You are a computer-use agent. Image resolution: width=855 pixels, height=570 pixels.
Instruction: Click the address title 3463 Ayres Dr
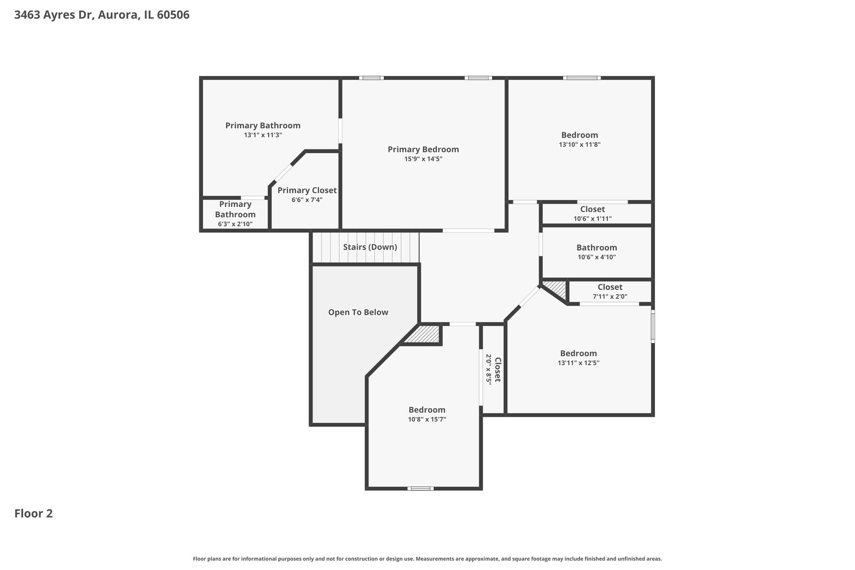click(x=101, y=15)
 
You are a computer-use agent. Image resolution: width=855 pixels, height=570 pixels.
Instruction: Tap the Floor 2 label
click(x=33, y=514)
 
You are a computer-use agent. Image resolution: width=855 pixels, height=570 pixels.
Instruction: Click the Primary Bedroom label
click(x=423, y=149)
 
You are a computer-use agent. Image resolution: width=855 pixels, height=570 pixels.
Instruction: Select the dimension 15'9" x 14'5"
click(x=423, y=159)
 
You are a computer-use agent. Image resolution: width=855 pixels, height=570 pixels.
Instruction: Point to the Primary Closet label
click(x=307, y=191)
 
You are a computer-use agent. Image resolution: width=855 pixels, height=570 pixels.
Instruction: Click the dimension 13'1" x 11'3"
click(x=263, y=135)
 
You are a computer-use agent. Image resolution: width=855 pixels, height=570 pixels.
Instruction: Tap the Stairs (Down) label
click(x=370, y=247)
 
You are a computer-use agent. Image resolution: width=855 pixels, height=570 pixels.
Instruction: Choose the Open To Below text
click(x=358, y=312)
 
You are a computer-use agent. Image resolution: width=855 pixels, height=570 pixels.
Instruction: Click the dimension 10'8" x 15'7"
click(x=427, y=420)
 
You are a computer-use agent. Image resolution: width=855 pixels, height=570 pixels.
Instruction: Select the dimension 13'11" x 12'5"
click(x=578, y=363)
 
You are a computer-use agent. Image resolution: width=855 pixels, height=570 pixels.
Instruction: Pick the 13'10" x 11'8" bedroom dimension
click(x=579, y=145)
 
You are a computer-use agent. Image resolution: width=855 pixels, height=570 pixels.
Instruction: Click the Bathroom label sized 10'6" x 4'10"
click(x=596, y=248)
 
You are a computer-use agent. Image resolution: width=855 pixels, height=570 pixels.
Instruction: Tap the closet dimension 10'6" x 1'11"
click(x=592, y=218)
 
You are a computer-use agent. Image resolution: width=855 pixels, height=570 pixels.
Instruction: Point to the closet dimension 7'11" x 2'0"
click(x=610, y=297)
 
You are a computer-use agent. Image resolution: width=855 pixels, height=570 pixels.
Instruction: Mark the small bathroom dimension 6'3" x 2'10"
click(x=235, y=224)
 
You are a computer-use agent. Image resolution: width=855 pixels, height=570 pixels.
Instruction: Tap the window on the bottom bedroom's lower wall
click(x=421, y=488)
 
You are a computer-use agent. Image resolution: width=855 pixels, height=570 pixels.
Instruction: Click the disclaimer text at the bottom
click(x=427, y=558)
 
